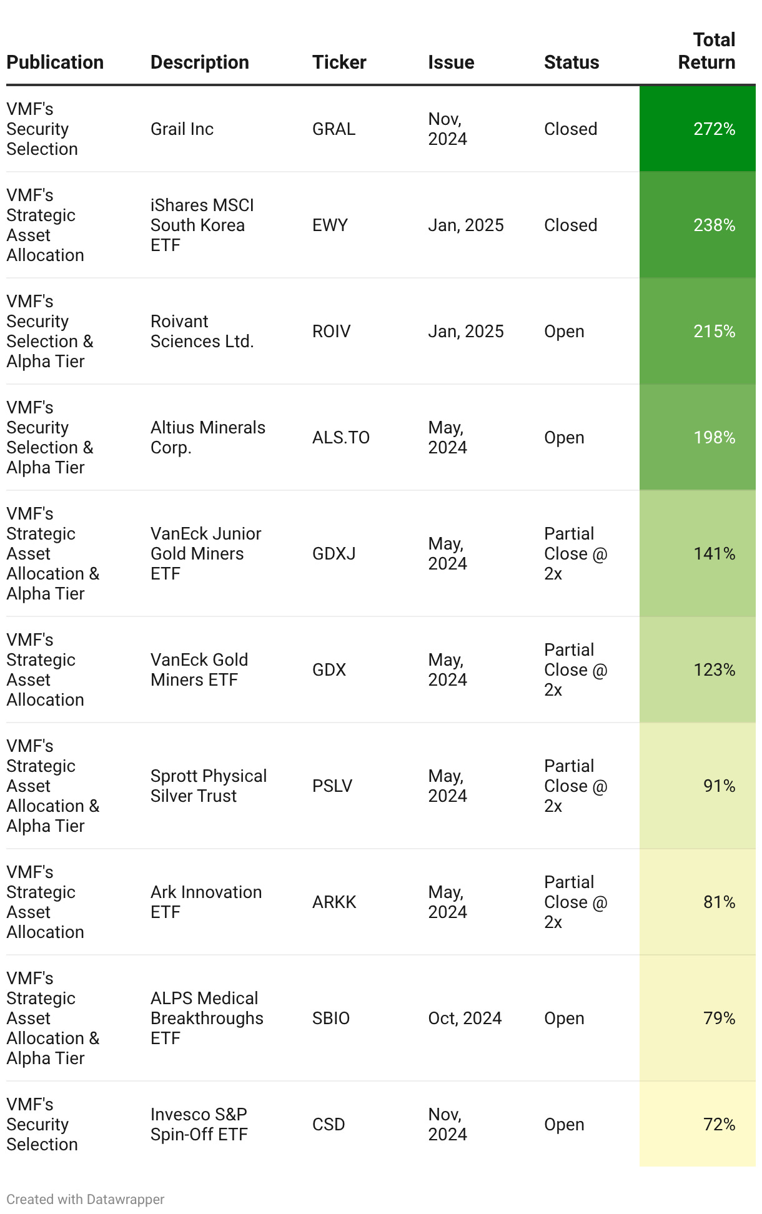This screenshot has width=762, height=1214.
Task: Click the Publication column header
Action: coord(55,62)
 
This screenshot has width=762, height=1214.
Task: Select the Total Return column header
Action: coord(706,51)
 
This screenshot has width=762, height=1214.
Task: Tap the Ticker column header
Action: coord(339,62)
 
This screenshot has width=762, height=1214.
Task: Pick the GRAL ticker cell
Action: coord(334,129)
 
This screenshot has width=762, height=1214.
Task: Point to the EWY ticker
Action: coord(330,225)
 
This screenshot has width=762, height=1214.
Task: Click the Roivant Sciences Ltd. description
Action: coord(202,332)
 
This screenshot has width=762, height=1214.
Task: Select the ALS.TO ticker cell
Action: coord(341,438)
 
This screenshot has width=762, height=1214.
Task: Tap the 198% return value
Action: coord(714,438)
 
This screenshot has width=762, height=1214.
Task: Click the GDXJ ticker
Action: coord(334,554)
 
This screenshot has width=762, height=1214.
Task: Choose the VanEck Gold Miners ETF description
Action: coord(199,670)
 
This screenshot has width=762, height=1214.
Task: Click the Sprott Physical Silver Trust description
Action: coord(209,786)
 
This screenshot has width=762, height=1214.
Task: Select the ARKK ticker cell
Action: coord(334,902)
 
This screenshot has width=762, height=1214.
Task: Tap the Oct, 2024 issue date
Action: coord(465,1019)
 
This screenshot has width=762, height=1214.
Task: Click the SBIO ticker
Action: coord(331,1019)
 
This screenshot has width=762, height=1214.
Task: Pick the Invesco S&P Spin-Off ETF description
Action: coord(199,1125)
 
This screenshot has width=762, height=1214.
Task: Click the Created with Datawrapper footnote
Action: coord(86,1200)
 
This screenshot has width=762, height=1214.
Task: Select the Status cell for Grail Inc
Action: coord(570,129)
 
